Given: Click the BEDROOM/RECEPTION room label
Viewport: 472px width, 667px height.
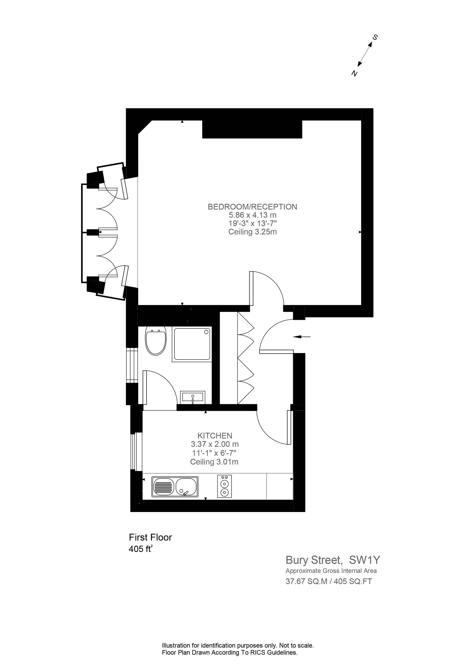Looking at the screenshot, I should coord(252,207).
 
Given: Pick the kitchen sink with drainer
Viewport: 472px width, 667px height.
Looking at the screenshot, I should coord(175,487).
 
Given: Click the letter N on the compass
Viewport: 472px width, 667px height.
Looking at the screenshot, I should coord(354,74).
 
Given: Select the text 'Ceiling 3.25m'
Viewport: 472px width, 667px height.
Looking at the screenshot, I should coord(252,232).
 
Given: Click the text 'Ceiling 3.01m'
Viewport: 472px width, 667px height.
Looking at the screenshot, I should coord(214,462).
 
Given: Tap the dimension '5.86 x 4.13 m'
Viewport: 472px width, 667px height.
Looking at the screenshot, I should coord(252,215).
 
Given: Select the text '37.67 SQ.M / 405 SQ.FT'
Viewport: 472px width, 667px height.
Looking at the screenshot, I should coord(329,582).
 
